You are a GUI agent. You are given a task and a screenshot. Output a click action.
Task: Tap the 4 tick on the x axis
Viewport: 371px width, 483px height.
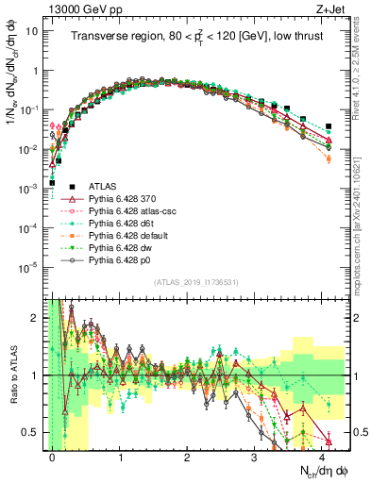click(322, 457)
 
